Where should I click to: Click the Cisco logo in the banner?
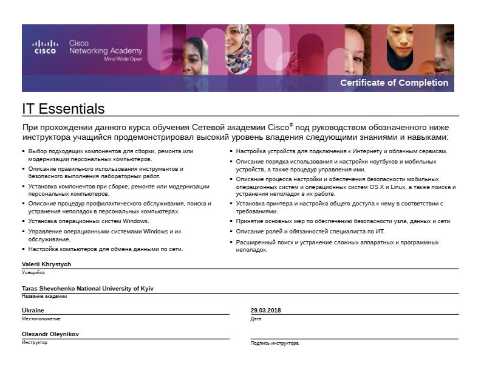pos(45,47)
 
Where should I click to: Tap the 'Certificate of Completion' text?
pos(394,83)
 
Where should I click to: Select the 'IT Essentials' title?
pos(63,109)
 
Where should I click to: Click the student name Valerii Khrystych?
pos(47,264)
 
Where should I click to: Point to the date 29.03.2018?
pos(266,310)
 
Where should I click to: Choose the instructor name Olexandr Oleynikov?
pos(50,334)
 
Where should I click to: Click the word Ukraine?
pos(33,310)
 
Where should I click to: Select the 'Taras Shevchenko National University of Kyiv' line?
pos(87,288)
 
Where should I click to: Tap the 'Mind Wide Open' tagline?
pos(123,59)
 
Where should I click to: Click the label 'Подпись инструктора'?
pos(275,343)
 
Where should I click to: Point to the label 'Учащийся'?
pos(33,272)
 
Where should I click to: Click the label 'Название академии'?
pos(44,296)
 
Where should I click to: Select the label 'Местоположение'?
pos(41,319)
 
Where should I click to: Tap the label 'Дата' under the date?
pos(256,319)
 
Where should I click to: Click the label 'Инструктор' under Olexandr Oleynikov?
pos(35,342)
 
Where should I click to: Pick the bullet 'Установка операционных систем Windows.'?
pos(89,221)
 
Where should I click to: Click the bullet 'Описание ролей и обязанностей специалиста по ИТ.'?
pos(310,232)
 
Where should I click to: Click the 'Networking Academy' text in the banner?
pos(106,51)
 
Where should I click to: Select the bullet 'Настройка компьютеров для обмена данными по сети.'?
pos(106,249)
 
